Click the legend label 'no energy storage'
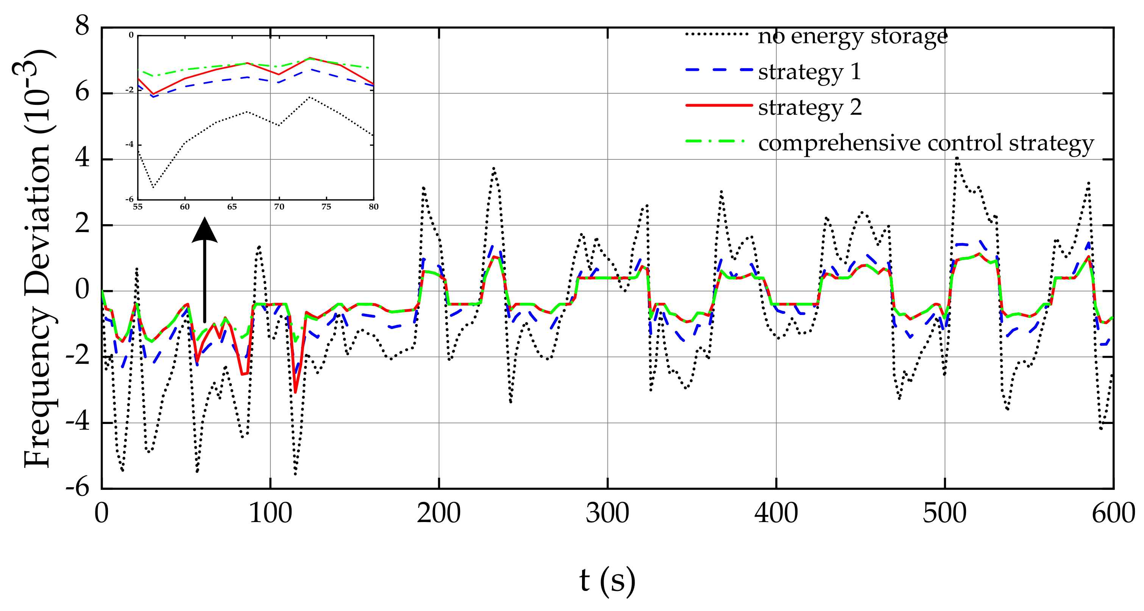pyautogui.click(x=853, y=36)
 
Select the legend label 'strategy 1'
pyautogui.click(x=809, y=72)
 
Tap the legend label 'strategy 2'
pyautogui.click(x=810, y=108)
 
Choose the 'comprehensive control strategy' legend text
pyautogui.click(x=926, y=143)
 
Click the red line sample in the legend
pyautogui.click(x=719, y=106)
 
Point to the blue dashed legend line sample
pyautogui.click(x=719, y=70)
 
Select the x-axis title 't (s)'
pyautogui.click(x=607, y=581)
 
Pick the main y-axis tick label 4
pyautogui.click(x=82, y=158)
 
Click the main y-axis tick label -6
pyautogui.click(x=77, y=488)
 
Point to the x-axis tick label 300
pyautogui.click(x=607, y=513)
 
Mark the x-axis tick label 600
pyautogui.click(x=1113, y=513)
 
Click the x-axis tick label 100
pyautogui.click(x=270, y=513)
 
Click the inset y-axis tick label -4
pyautogui.click(x=129, y=145)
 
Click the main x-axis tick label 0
pyautogui.click(x=102, y=513)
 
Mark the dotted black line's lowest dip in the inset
pyautogui.click(x=153, y=187)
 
